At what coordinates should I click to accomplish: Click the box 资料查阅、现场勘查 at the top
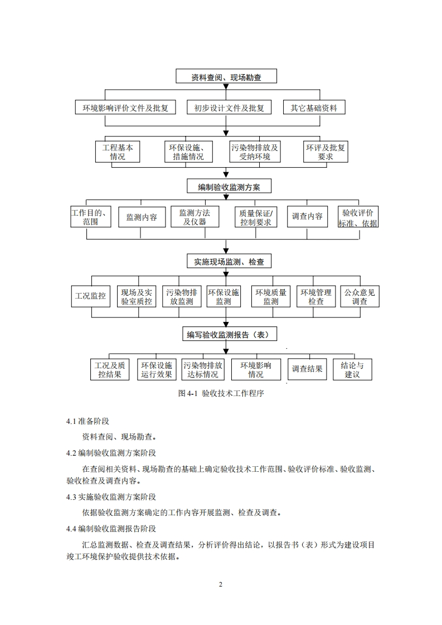[226, 77]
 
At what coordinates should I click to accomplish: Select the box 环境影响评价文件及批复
[125, 108]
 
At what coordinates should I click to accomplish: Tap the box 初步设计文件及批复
[229, 108]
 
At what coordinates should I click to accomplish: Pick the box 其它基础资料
[314, 108]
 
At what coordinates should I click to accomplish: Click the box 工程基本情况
[118, 152]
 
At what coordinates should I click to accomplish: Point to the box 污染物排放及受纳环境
[255, 152]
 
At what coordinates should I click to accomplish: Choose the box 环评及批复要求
[326, 152]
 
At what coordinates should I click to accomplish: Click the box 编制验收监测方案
[225, 187]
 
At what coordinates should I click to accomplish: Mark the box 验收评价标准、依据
[358, 217]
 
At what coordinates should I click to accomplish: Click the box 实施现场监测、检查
[225, 261]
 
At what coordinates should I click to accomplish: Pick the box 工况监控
[90, 296]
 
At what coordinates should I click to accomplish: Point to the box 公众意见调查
[360, 296]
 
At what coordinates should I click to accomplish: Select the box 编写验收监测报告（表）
[225, 334]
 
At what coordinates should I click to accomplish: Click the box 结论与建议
[352, 369]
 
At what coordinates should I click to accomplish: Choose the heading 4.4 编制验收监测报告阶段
[111, 529]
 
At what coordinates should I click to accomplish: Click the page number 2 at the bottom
[221, 584]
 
